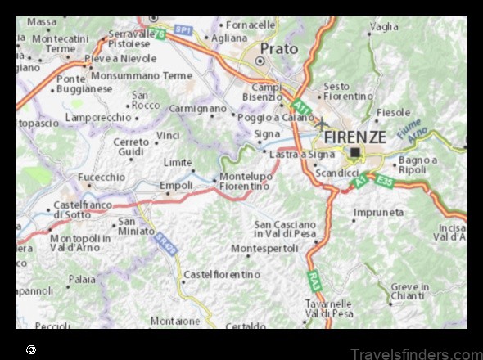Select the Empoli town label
point(176,186)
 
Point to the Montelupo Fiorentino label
point(244,181)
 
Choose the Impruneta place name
point(379,213)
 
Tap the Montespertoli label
point(264,247)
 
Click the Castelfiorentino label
point(223,274)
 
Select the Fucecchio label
point(102,176)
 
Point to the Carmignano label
point(196,108)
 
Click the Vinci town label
point(168,135)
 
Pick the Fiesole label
point(393,112)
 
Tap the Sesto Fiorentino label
point(349,91)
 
